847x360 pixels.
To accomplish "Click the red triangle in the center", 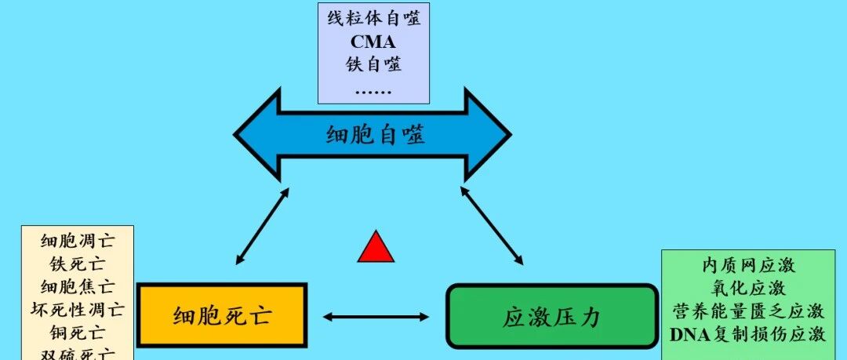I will coord(375,247).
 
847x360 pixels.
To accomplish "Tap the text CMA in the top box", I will coord(373,42).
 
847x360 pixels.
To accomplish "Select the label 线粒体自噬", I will coord(373,19).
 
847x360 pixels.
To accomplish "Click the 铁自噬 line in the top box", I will coord(373,64).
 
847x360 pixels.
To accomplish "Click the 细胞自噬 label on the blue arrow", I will coord(376,135).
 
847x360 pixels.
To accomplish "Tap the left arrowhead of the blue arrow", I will coord(255,133).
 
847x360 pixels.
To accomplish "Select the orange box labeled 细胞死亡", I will coord(221,315).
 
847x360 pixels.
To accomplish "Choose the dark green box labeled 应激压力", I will coord(551,316).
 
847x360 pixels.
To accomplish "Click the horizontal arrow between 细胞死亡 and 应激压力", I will coord(376,317).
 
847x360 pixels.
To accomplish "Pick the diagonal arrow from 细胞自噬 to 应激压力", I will coord(493,224).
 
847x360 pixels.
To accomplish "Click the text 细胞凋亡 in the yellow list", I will coord(77,242).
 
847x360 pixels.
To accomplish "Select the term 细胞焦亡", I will coord(77,286).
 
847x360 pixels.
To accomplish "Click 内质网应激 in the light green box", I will coord(747,265).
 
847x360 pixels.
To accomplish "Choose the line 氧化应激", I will coord(747,288).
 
